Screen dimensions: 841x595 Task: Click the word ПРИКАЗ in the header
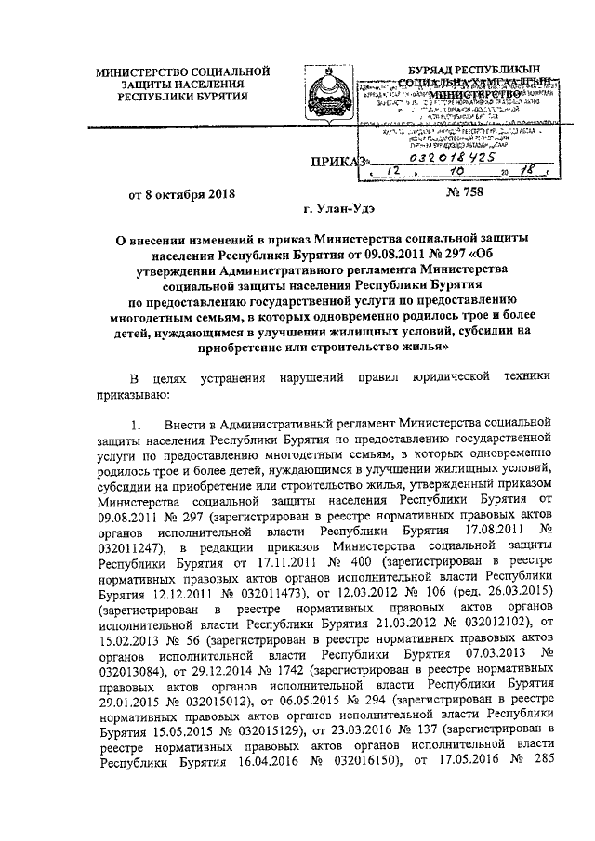pos(339,164)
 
